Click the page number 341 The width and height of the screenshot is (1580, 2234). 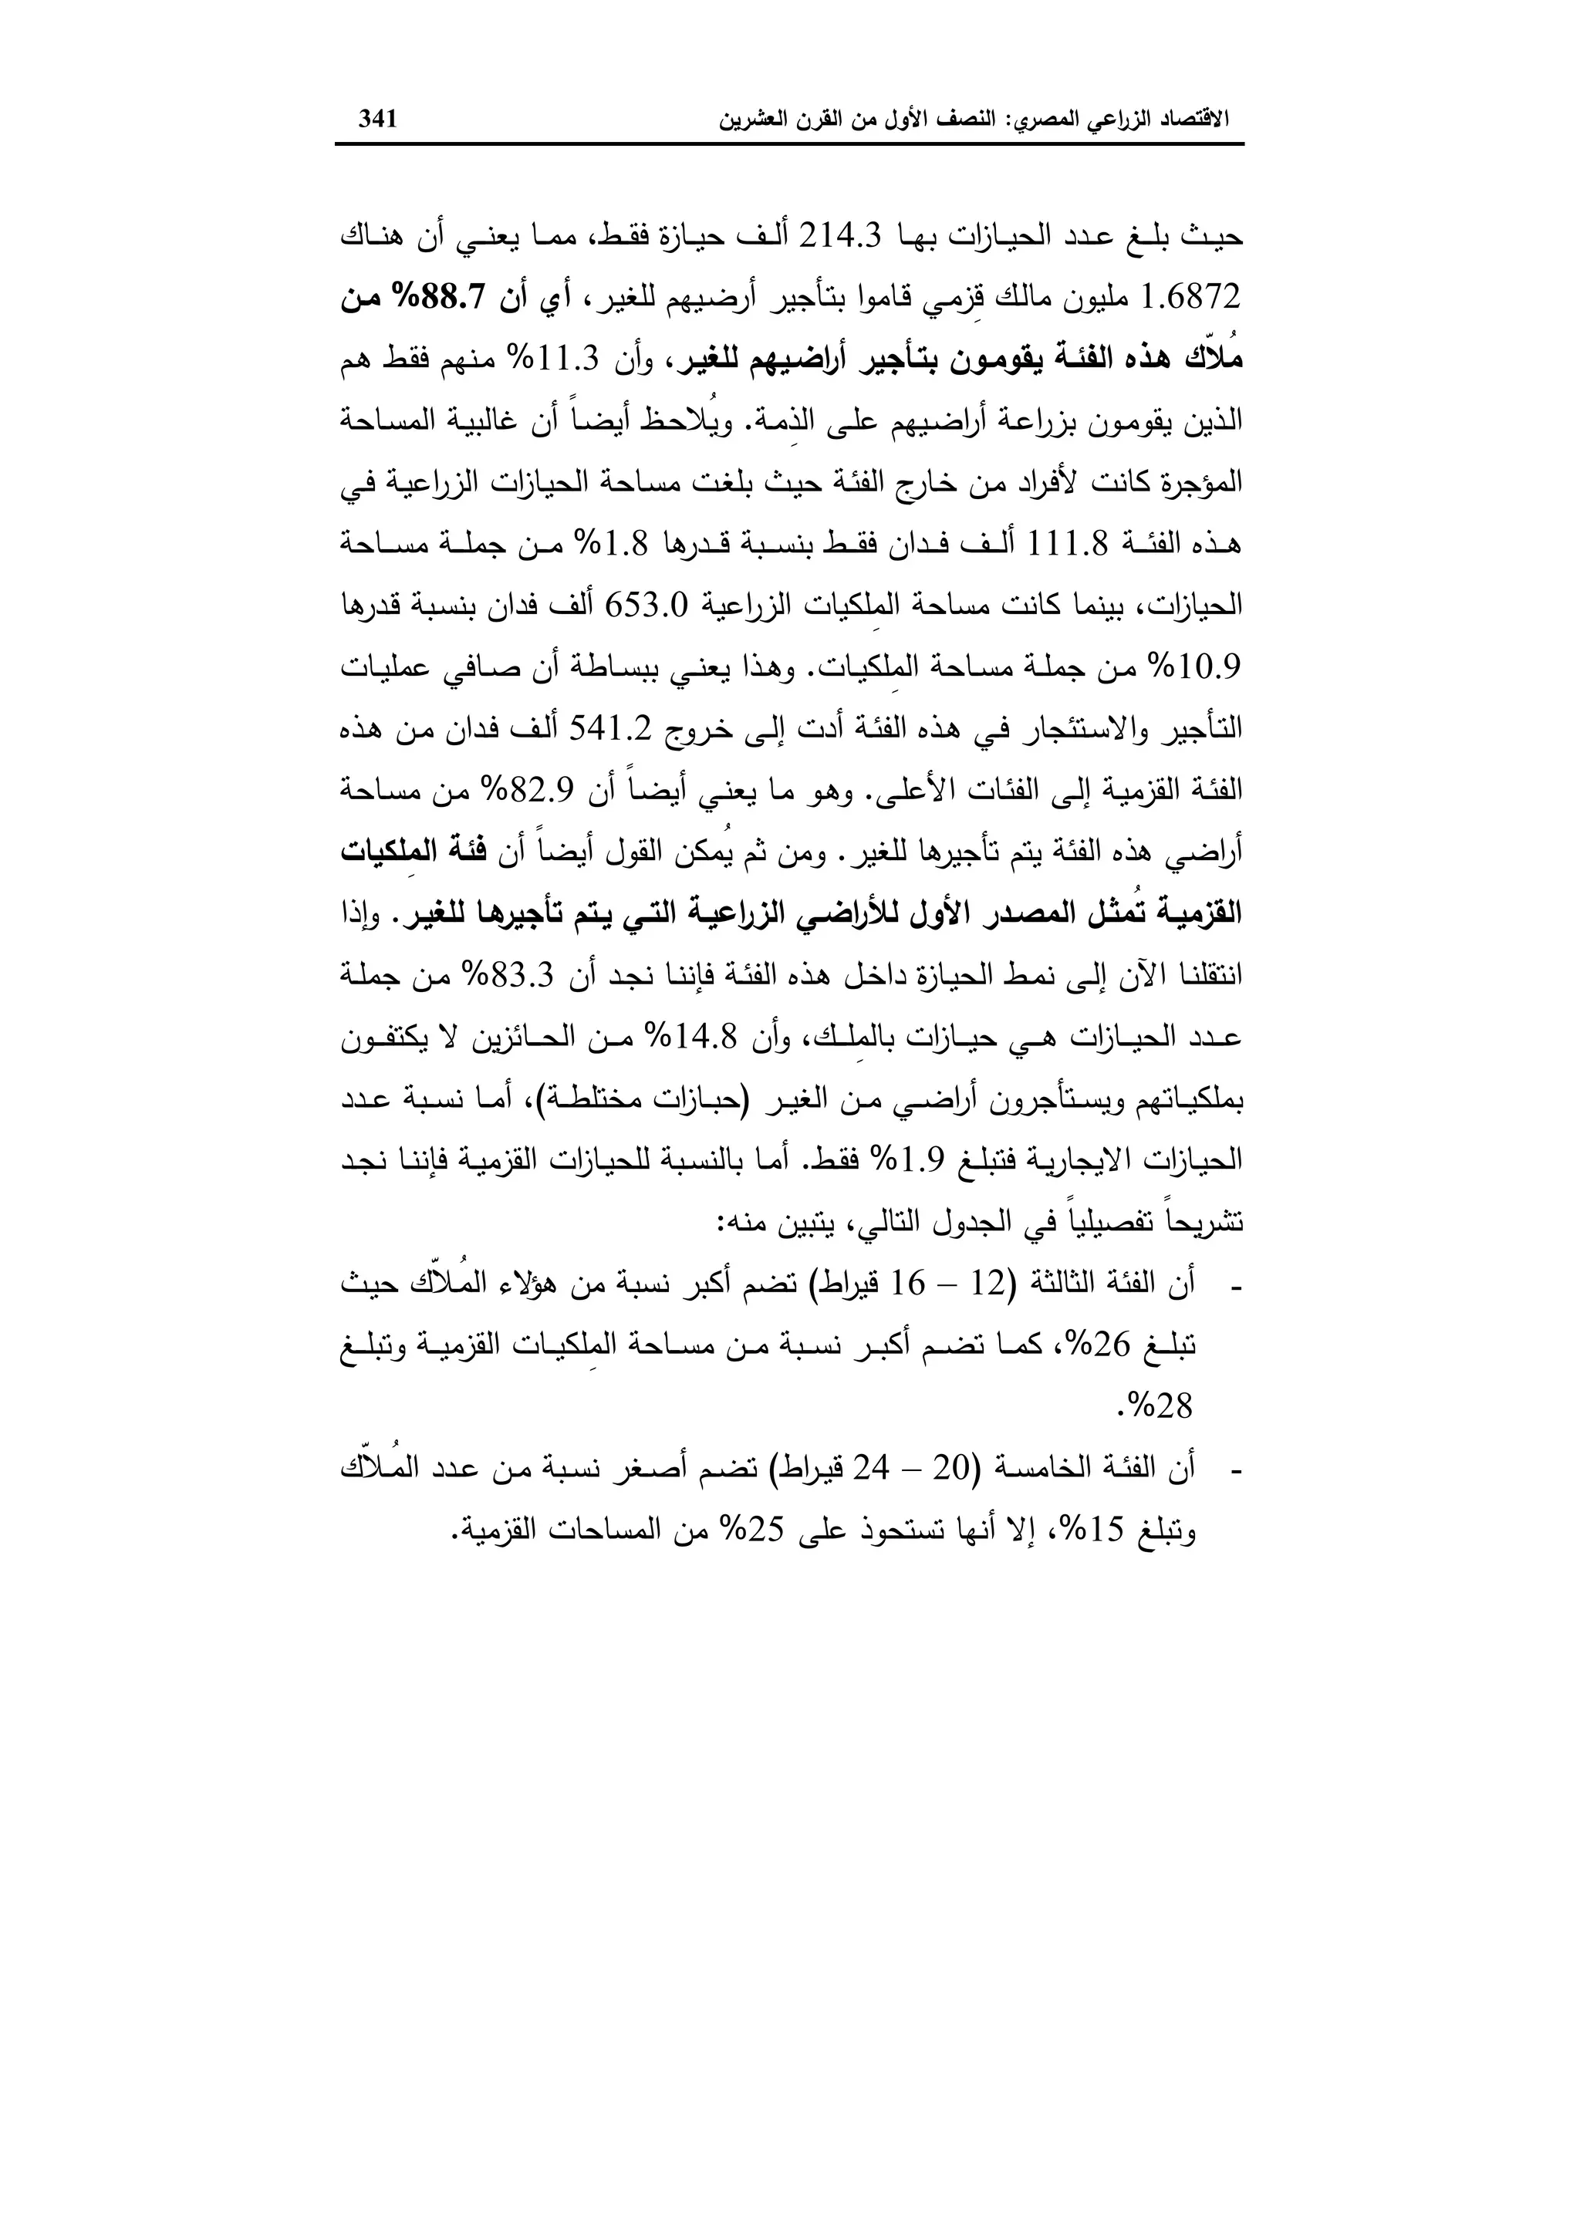click(379, 120)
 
